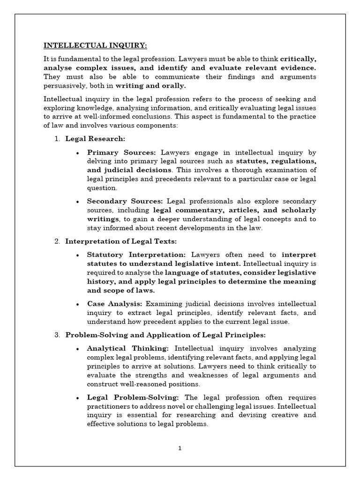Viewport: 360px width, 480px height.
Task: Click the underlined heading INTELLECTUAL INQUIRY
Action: (95, 45)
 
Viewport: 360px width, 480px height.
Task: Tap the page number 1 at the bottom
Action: (180, 448)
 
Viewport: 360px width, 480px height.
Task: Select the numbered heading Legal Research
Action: (95, 139)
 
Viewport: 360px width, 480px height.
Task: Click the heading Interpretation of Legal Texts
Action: (121, 241)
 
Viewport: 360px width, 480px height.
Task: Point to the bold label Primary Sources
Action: (122, 152)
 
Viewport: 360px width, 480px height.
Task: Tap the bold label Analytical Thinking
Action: (128, 348)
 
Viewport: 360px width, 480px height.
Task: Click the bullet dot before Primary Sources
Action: (77, 153)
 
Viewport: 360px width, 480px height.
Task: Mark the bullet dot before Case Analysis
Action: (77, 304)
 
